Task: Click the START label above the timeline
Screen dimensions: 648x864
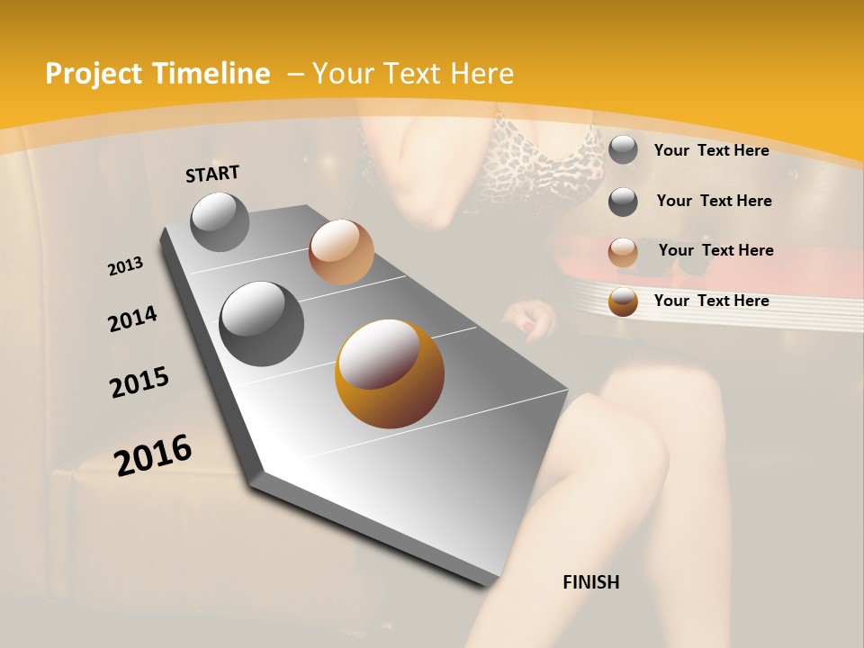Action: point(212,173)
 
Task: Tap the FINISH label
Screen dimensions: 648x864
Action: point(590,582)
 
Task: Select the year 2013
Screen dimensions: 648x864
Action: point(125,266)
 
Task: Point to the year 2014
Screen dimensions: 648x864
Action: point(132,319)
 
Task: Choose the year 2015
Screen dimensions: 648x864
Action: point(139,382)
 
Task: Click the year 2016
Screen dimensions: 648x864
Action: point(153,455)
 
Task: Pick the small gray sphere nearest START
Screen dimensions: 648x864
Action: point(220,221)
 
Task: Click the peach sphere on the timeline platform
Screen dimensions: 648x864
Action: point(341,251)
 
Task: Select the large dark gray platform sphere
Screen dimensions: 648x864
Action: point(261,323)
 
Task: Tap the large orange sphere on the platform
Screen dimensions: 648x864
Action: point(389,373)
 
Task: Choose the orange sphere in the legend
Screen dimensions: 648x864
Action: point(623,301)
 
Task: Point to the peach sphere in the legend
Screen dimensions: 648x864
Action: point(623,251)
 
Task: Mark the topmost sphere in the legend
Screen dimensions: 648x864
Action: point(623,149)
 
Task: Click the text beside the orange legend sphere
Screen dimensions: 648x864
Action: point(711,301)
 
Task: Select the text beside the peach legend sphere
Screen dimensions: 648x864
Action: point(715,250)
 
